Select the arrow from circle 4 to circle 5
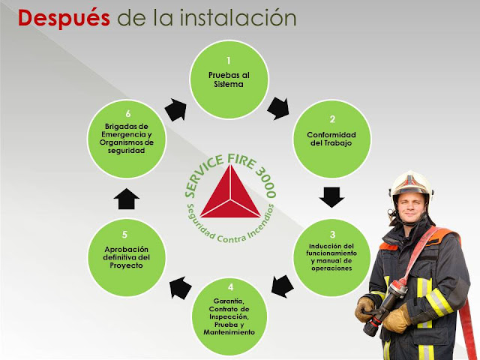pyautogui.click(x=180, y=286)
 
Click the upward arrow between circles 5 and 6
pyautogui.click(x=128, y=197)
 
